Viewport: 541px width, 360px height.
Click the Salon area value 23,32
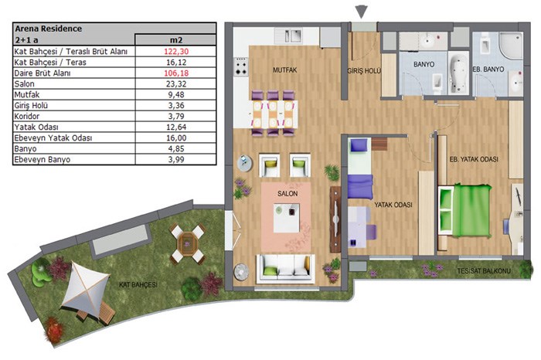click(176, 83)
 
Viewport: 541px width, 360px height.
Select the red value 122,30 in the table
click(176, 52)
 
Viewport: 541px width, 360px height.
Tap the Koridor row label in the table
click(26, 116)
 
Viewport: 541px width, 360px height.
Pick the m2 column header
click(176, 40)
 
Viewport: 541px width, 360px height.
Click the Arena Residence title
click(48, 29)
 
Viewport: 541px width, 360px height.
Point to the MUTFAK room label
click(284, 70)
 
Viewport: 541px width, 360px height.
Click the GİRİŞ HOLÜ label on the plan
click(364, 71)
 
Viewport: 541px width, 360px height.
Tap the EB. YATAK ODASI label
click(474, 159)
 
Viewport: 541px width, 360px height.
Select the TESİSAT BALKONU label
click(484, 271)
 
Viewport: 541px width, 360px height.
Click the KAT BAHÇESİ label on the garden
click(138, 285)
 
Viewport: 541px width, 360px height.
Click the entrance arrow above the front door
click(361, 12)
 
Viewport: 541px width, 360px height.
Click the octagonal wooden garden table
click(187, 244)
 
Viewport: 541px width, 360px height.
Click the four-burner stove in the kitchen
click(241, 67)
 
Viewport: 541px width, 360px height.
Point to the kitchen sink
click(293, 36)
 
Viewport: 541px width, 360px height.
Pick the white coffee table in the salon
click(287, 218)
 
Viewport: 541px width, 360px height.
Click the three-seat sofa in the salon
click(286, 269)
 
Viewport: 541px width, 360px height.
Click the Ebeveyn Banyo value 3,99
click(176, 160)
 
